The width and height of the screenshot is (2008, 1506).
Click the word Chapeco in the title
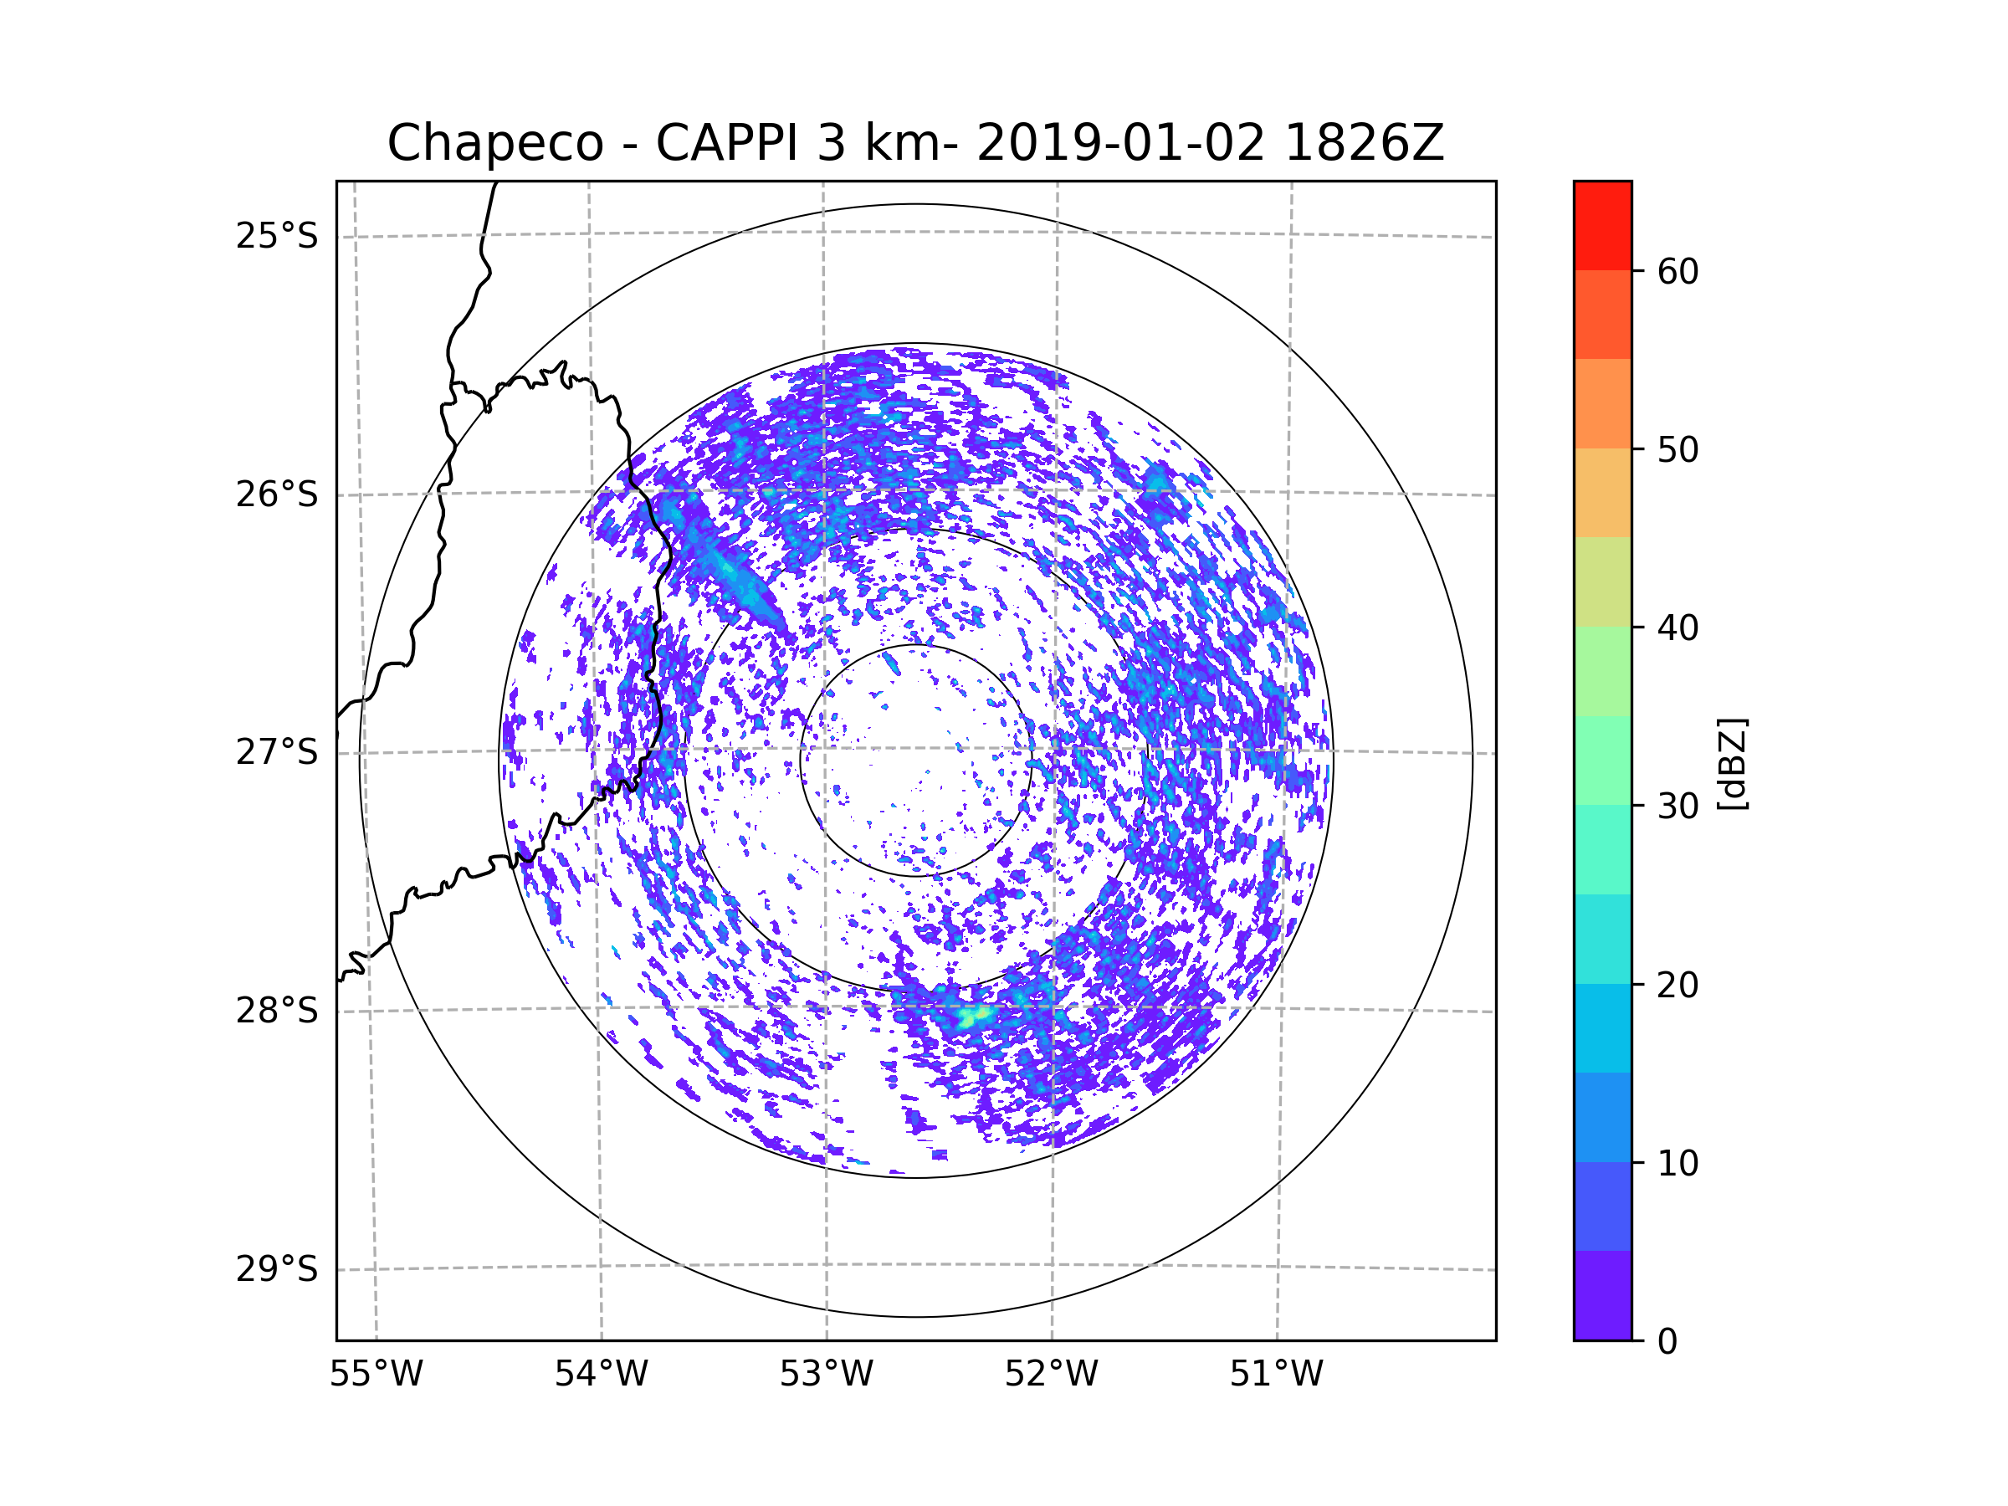pyautogui.click(x=494, y=143)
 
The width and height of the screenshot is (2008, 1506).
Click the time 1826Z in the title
pyautogui.click(x=1364, y=143)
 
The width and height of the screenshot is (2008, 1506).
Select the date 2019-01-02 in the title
pyautogui.click(x=1120, y=143)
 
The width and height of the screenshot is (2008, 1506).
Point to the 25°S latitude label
pyautogui.click(x=277, y=236)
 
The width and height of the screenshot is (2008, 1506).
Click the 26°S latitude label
pyautogui.click(x=277, y=494)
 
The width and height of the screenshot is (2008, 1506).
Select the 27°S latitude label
pyautogui.click(x=277, y=752)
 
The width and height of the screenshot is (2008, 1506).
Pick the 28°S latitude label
pyautogui.click(x=277, y=1011)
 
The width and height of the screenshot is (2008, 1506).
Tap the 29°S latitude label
pyautogui.click(x=277, y=1269)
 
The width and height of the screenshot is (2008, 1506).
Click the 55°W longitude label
pyautogui.click(x=376, y=1375)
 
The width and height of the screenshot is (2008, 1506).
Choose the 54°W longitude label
pyautogui.click(x=601, y=1375)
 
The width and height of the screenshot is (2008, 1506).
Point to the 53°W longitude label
pyautogui.click(x=826, y=1375)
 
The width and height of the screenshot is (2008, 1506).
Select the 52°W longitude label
pyautogui.click(x=1051, y=1375)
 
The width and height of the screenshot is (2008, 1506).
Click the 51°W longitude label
pyautogui.click(x=1276, y=1375)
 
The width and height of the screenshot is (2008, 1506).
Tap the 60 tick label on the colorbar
pyautogui.click(x=1678, y=271)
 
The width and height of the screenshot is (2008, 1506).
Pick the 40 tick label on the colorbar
pyautogui.click(x=1678, y=628)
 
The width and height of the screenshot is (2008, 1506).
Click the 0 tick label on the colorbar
pyautogui.click(x=1667, y=1342)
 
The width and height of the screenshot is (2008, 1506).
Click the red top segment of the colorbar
pyautogui.click(x=1602, y=225)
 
